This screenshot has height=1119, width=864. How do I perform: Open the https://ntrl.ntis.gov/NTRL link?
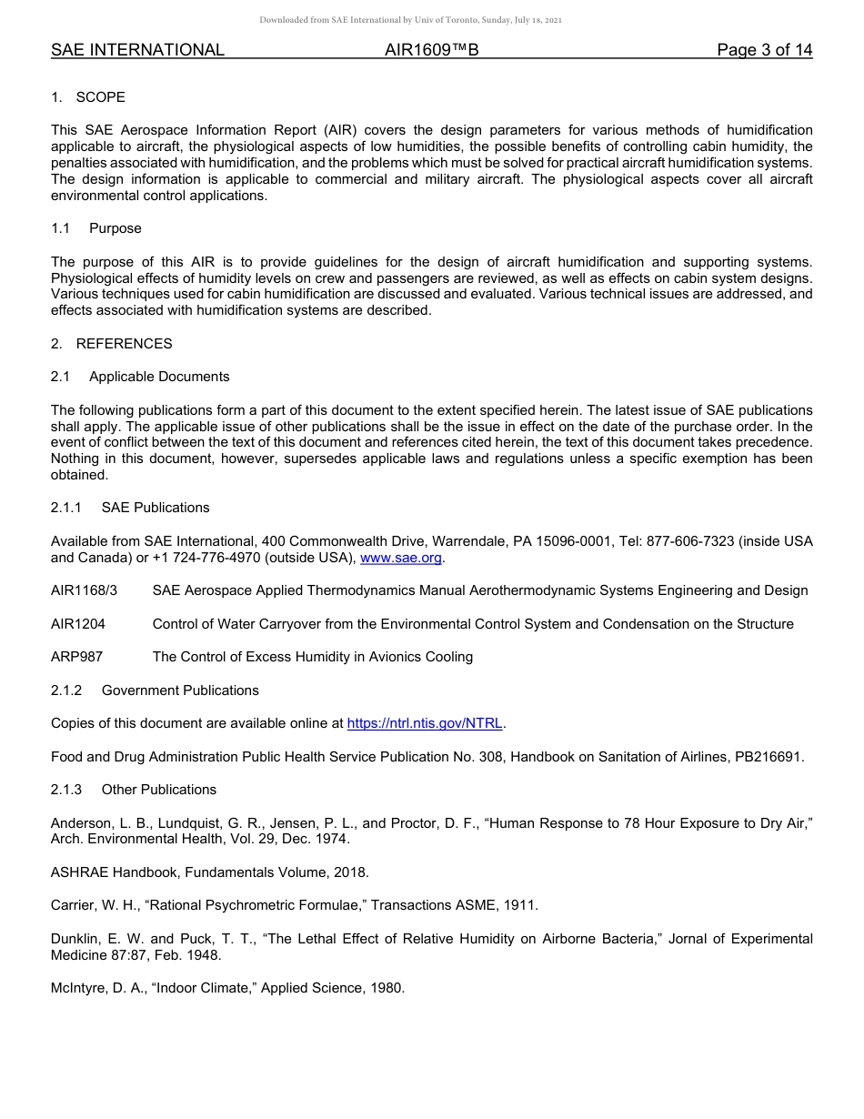point(425,723)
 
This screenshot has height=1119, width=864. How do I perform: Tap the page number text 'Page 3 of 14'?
point(764,50)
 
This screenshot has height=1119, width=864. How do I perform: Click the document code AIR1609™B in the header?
point(431,50)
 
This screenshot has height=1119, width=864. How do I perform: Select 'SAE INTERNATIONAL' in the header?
point(137,50)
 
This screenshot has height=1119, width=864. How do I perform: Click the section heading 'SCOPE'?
point(101,97)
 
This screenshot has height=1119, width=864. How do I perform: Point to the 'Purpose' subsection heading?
point(116,228)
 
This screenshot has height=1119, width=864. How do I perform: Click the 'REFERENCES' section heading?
point(124,344)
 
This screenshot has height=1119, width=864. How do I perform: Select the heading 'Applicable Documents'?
point(159,377)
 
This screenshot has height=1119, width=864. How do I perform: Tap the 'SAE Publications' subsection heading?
point(156,508)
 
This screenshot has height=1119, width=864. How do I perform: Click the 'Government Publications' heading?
point(180,691)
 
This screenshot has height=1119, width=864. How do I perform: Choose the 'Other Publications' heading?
point(159,790)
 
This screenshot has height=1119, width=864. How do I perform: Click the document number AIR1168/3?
point(84,590)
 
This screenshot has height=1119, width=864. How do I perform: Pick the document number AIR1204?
point(78,624)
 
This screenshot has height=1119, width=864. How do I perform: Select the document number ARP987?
point(76,657)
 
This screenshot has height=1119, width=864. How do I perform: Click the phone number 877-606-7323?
point(688,541)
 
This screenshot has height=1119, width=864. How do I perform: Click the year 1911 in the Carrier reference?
point(521,905)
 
